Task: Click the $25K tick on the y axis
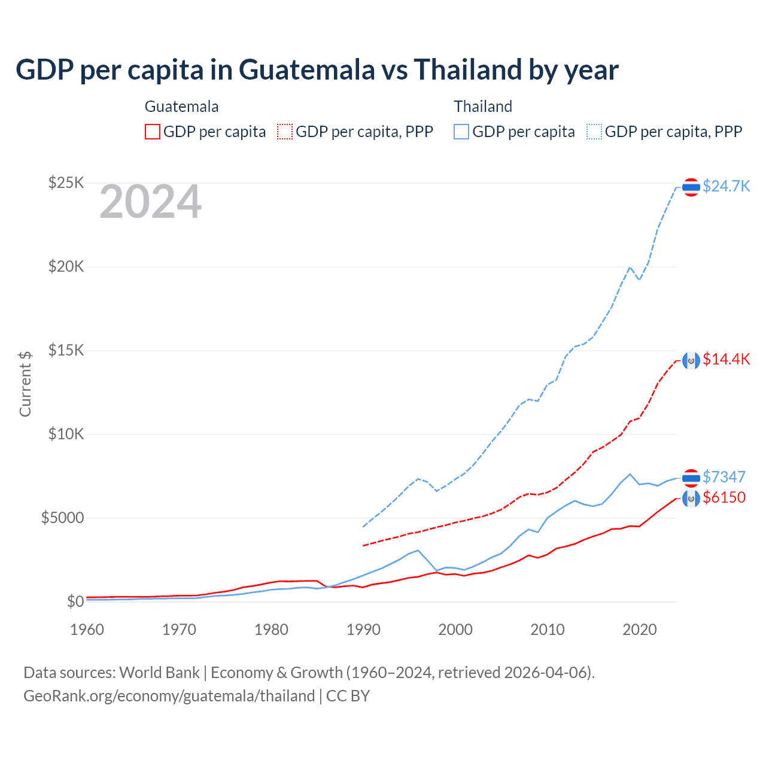(x=66, y=183)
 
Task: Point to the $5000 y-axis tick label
(x=62, y=518)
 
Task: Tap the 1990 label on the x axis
(x=363, y=630)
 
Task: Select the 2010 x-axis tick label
(x=548, y=630)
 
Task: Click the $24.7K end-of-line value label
(x=726, y=186)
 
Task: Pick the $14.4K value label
(x=726, y=359)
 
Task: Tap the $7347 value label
(x=724, y=477)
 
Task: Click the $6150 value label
(x=724, y=497)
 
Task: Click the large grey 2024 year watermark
(x=150, y=202)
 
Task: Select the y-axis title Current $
(x=25, y=384)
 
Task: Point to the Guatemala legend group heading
(x=181, y=107)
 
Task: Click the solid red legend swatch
(x=153, y=132)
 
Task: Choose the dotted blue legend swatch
(x=594, y=132)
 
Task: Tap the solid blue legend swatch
(x=461, y=132)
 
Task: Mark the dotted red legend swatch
(x=285, y=132)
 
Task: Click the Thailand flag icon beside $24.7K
(x=691, y=187)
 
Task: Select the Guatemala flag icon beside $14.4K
(x=691, y=361)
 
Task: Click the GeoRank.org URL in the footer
(x=169, y=696)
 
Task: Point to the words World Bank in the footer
(x=159, y=673)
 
